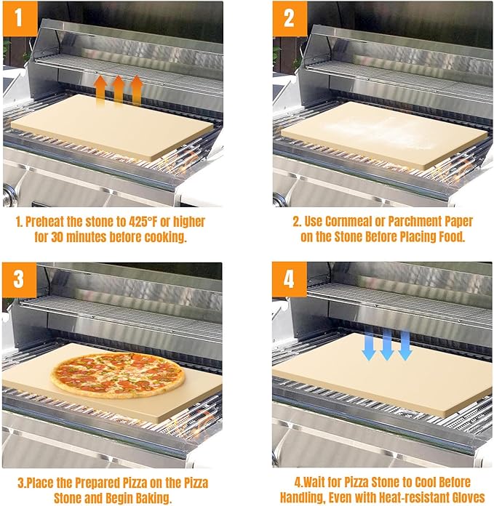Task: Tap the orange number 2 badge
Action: [x=289, y=17]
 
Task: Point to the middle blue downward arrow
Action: [x=387, y=343]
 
